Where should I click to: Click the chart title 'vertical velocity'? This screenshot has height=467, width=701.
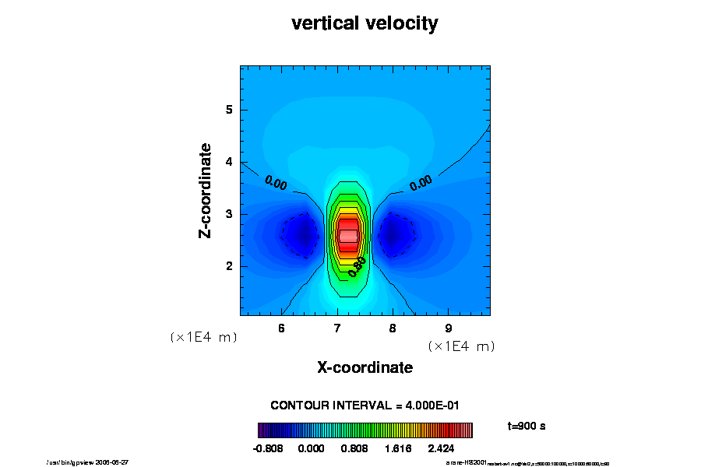pyautogui.click(x=365, y=23)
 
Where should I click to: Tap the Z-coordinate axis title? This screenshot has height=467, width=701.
pyautogui.click(x=206, y=191)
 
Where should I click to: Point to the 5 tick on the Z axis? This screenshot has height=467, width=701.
pyautogui.click(x=230, y=110)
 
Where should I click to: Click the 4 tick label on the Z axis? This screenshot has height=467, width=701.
pyautogui.click(x=230, y=162)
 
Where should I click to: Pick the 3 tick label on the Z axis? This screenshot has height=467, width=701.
pyautogui.click(x=230, y=214)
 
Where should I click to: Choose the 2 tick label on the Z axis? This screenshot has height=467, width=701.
pyautogui.click(x=230, y=266)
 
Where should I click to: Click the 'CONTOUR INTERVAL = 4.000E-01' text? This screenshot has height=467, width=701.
pyautogui.click(x=365, y=406)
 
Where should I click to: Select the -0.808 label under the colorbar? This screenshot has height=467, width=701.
pyautogui.click(x=269, y=449)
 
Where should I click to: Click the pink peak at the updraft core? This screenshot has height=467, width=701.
pyautogui.click(x=348, y=234)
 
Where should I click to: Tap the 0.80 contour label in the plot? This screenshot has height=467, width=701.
pyautogui.click(x=357, y=265)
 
